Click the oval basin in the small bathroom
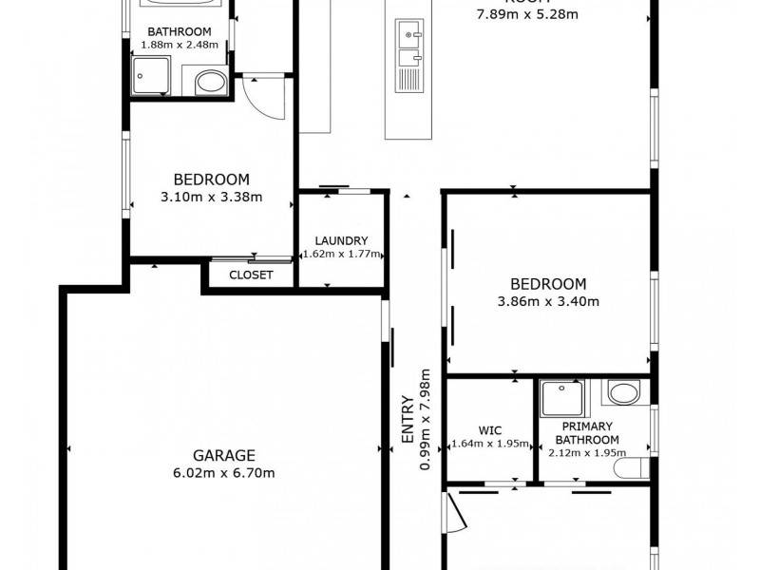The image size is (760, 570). (x=210, y=84)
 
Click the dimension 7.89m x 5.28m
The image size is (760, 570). (x=528, y=14)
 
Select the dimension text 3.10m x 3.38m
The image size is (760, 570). (x=211, y=198)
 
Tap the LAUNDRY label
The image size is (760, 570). (x=341, y=241)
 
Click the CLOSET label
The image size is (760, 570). (x=252, y=275)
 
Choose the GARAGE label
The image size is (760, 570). (x=224, y=455)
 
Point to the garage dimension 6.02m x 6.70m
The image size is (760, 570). (x=224, y=472)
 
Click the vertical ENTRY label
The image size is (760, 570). (x=408, y=419)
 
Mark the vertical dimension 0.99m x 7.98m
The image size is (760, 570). (x=426, y=419)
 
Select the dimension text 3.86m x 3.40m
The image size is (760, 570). (x=548, y=302)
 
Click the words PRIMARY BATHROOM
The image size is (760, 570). (x=587, y=433)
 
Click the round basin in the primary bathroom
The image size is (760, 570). (x=623, y=392)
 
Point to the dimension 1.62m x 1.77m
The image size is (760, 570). (x=341, y=255)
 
